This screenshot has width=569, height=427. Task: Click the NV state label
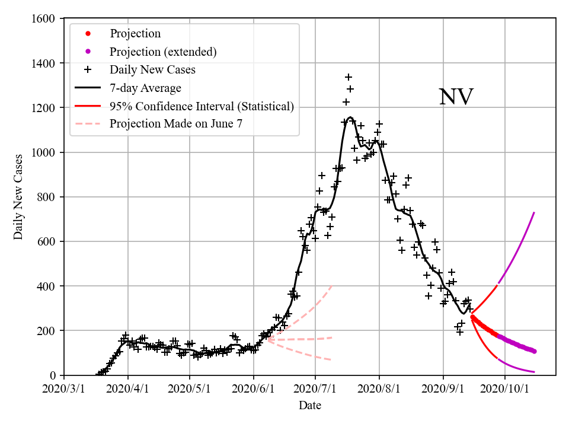point(456,97)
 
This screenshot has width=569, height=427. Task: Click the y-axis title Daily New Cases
point(18,196)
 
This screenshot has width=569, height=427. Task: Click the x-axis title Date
point(310,405)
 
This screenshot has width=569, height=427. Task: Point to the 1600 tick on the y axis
point(45,19)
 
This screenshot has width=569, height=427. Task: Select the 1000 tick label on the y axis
point(45,152)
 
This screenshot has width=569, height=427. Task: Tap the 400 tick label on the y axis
point(48,286)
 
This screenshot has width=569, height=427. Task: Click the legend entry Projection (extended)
point(163,52)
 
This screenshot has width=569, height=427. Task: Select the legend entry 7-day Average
point(145,88)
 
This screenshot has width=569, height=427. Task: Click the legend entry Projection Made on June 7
point(176,124)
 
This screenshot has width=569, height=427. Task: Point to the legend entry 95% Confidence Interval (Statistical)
point(202,106)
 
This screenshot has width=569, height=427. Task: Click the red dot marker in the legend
point(88,34)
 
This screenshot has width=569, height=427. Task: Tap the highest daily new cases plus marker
point(349,77)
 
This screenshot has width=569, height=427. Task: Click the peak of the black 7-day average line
point(350,117)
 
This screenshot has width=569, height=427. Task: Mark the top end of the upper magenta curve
point(534,212)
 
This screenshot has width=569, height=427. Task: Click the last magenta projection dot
point(534,351)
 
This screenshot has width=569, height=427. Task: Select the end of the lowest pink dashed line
point(331,360)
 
